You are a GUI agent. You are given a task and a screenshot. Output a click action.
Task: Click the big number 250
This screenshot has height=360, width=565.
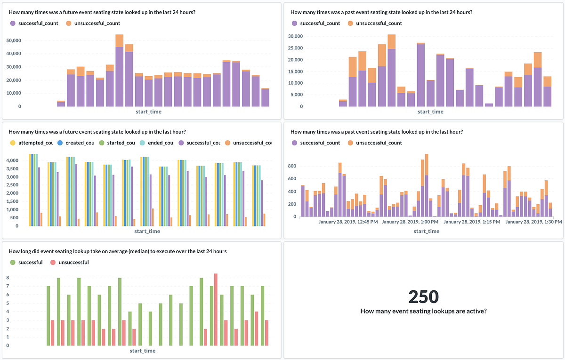(x=423, y=296)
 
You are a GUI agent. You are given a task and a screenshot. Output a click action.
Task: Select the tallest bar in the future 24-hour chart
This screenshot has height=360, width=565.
(x=119, y=71)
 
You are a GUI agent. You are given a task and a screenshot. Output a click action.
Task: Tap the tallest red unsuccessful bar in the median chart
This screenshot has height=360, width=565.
(x=215, y=310)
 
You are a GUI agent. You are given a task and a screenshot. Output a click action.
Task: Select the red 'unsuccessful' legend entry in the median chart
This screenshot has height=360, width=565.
(x=70, y=262)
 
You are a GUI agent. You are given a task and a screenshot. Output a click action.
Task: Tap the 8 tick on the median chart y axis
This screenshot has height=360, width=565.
(x=8, y=278)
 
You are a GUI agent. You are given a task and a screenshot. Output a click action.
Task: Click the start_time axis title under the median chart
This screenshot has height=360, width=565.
(x=142, y=351)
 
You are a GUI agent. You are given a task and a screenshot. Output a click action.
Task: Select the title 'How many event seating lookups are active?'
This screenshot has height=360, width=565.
(x=423, y=311)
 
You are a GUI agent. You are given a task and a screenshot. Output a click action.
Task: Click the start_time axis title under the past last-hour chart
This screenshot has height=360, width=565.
(x=426, y=231)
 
